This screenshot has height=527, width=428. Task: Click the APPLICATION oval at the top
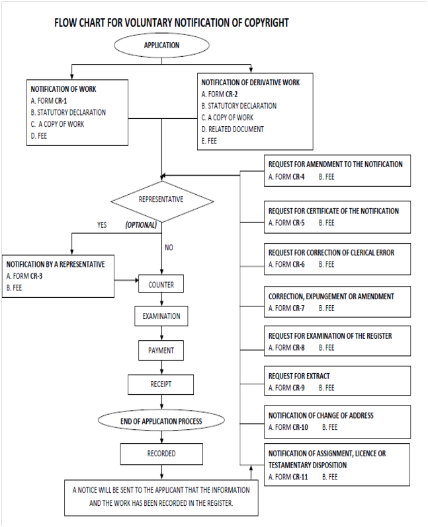click(161, 46)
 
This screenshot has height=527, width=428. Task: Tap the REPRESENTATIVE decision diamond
click(162, 201)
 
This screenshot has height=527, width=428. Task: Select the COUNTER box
click(161, 284)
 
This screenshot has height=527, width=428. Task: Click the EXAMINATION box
click(161, 316)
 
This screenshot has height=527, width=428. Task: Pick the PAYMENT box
click(161, 351)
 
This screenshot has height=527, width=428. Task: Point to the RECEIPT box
click(161, 384)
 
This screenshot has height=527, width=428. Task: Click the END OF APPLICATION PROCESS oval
click(161, 421)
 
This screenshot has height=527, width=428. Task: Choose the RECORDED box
click(161, 454)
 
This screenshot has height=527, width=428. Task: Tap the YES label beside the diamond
click(102, 225)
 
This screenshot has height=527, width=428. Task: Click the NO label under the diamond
click(169, 248)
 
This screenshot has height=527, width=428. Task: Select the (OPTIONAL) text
click(141, 225)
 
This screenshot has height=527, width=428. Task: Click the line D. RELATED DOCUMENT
click(232, 129)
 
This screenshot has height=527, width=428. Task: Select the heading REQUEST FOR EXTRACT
click(299, 376)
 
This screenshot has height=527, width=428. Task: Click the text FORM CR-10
click(292, 427)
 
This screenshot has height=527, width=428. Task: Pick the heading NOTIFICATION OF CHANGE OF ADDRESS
click(321, 416)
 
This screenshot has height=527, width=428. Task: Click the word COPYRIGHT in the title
click(267, 23)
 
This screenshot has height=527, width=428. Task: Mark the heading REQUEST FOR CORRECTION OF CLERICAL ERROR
click(331, 253)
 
